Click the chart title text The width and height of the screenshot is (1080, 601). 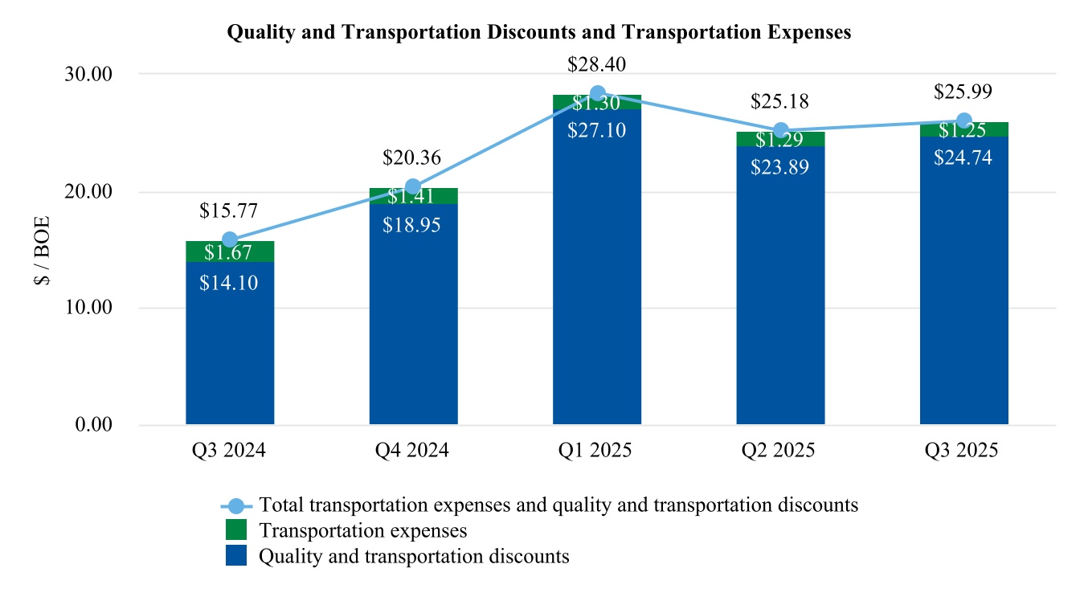pyautogui.click(x=539, y=32)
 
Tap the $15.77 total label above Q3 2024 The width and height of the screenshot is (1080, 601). pyautogui.click(x=229, y=211)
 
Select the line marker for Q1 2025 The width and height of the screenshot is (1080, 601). pyautogui.click(x=597, y=93)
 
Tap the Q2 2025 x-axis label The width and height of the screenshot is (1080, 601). pyautogui.click(x=779, y=450)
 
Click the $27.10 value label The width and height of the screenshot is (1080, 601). pyautogui.click(x=596, y=129)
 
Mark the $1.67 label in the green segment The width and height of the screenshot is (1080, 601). pyautogui.click(x=229, y=252)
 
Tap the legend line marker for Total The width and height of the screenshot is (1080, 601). pyautogui.click(x=235, y=505)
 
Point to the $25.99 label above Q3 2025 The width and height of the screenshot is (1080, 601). pyautogui.click(x=963, y=92)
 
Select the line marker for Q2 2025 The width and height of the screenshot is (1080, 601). pyautogui.click(x=780, y=131)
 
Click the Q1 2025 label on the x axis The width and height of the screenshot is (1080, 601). pyautogui.click(x=596, y=450)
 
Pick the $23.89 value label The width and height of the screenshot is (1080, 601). pyautogui.click(x=779, y=167)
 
